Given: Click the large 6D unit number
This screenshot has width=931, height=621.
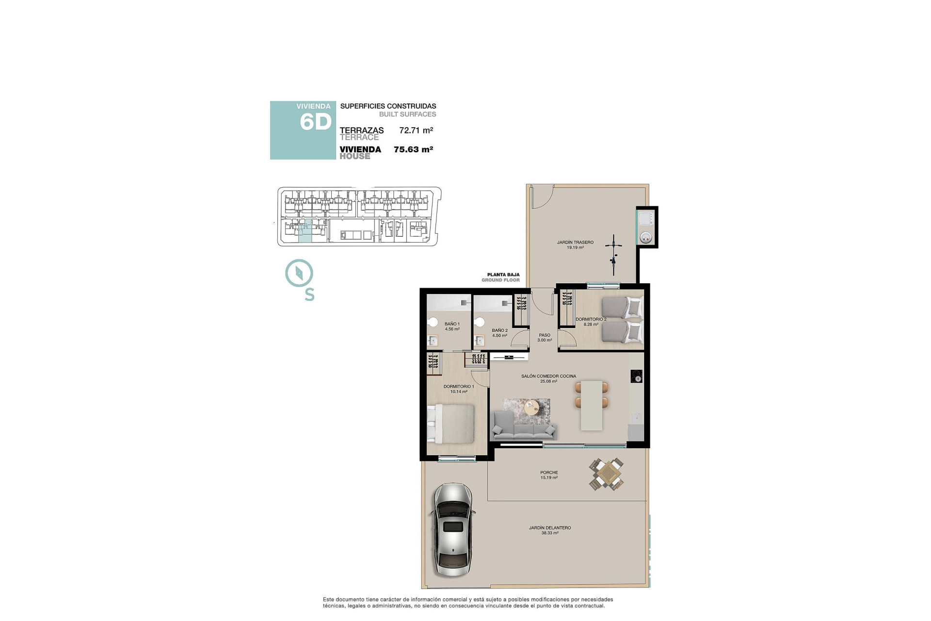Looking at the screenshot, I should (315, 122).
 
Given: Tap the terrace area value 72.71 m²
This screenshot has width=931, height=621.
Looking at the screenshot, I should (416, 131).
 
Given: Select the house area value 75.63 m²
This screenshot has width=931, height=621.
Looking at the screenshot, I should (413, 149).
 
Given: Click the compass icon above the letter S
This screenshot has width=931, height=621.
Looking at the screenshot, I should (299, 273).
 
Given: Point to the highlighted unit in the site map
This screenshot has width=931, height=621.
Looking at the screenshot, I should (305, 231).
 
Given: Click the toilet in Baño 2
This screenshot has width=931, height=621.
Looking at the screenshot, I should (480, 322).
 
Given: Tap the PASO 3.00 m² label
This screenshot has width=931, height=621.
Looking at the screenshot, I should (545, 337).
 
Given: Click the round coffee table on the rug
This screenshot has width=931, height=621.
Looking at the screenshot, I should (531, 407).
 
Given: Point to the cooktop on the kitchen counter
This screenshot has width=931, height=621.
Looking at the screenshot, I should (636, 376).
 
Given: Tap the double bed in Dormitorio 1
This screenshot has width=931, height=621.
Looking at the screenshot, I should (451, 424).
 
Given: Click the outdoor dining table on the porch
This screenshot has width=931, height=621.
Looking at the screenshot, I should (606, 474).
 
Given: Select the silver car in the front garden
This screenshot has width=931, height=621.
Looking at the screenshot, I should (452, 529).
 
